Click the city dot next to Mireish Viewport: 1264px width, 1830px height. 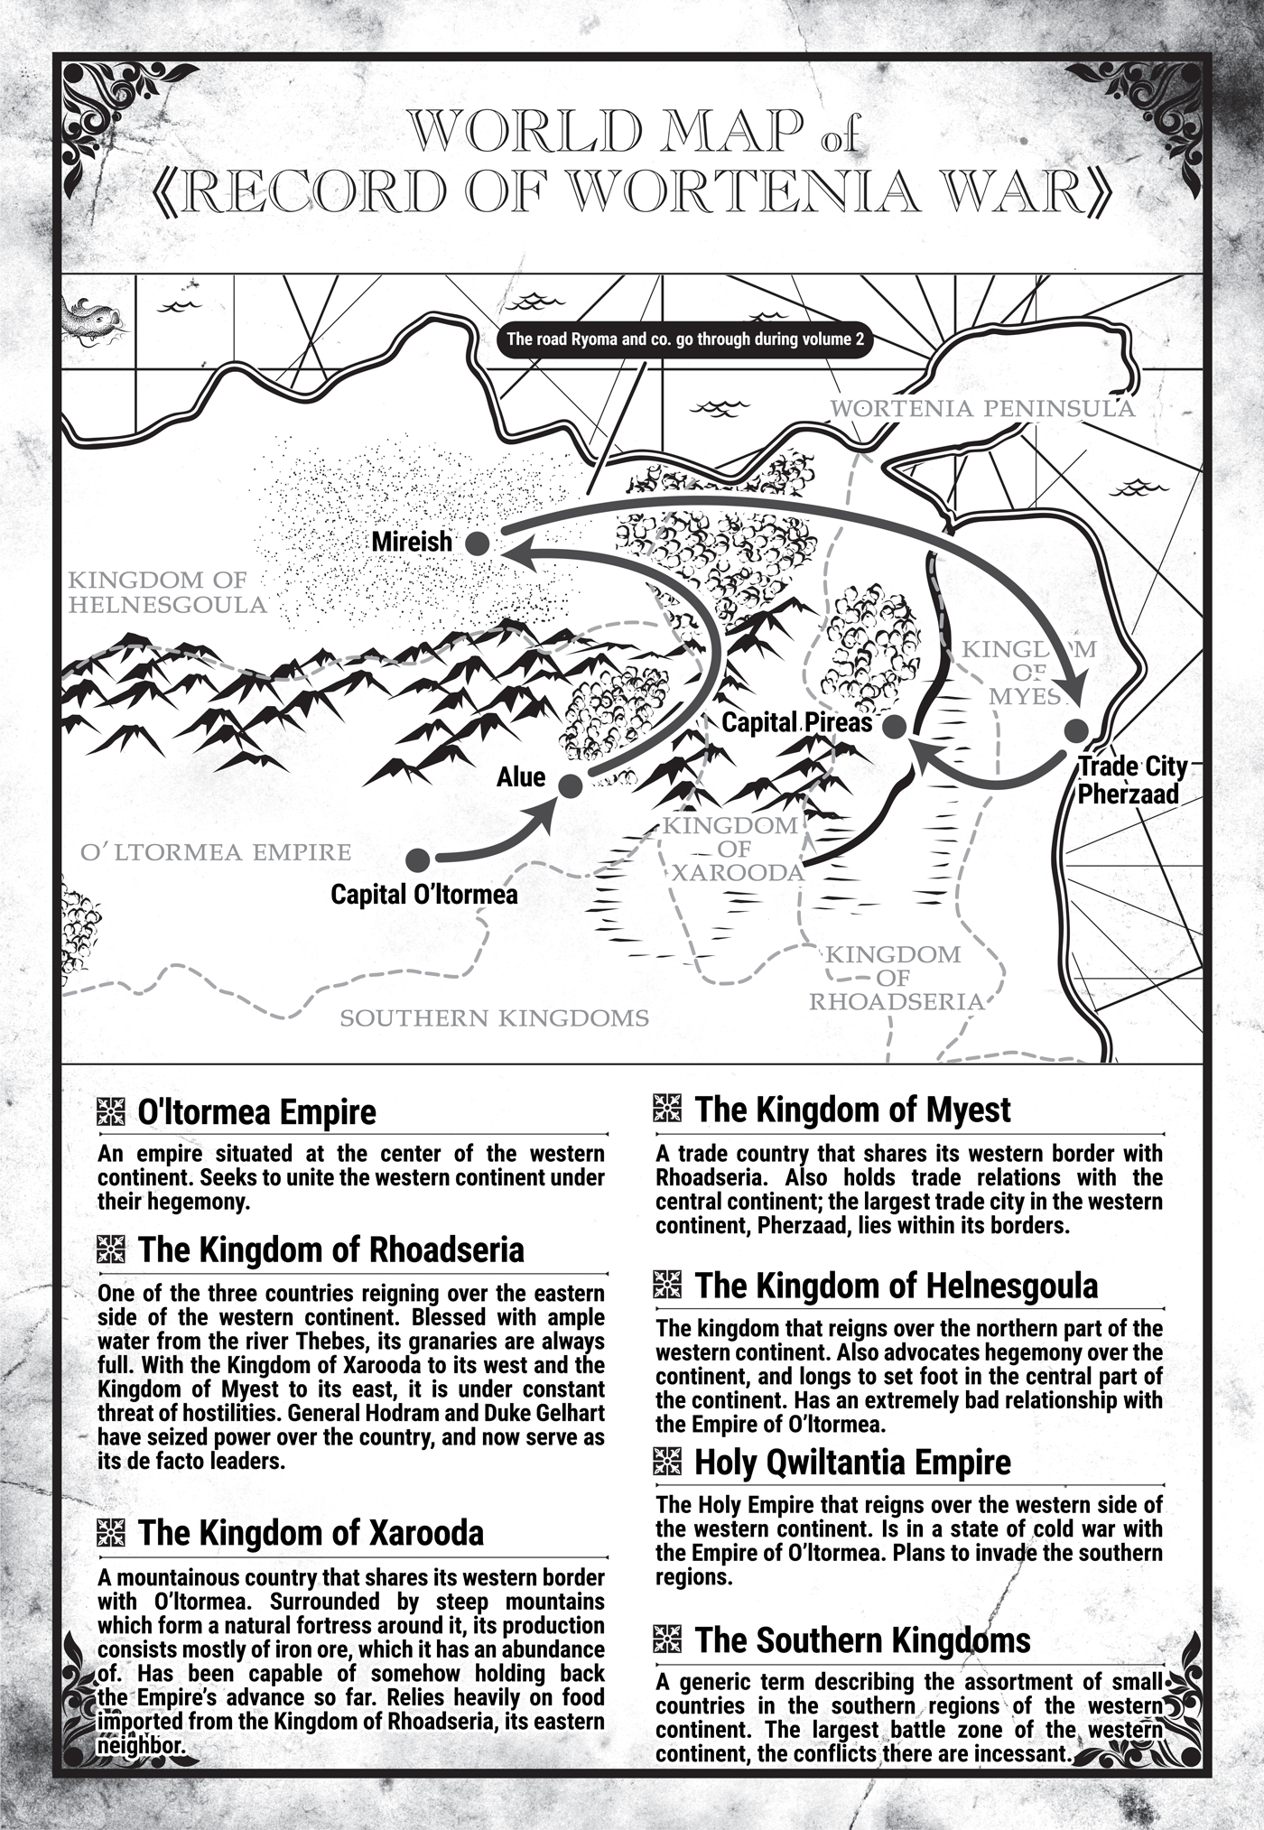tap(477, 543)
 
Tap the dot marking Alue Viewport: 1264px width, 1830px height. tap(570, 785)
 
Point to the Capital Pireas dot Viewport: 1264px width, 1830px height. tap(894, 728)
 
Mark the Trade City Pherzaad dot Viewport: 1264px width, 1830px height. tap(1074, 731)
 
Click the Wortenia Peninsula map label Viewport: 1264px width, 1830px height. tap(981, 409)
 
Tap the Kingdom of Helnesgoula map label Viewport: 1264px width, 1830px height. tap(168, 592)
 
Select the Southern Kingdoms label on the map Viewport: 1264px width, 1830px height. tap(494, 1019)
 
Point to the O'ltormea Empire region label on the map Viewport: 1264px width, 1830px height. tap(215, 852)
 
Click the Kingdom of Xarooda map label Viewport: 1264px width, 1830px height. tap(733, 849)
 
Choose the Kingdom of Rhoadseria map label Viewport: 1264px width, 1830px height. tap(894, 978)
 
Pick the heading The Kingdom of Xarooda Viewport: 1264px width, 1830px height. tap(310, 1533)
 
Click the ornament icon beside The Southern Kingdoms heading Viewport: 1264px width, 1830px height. tap(667, 1639)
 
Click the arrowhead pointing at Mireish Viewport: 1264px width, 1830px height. tap(513, 553)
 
